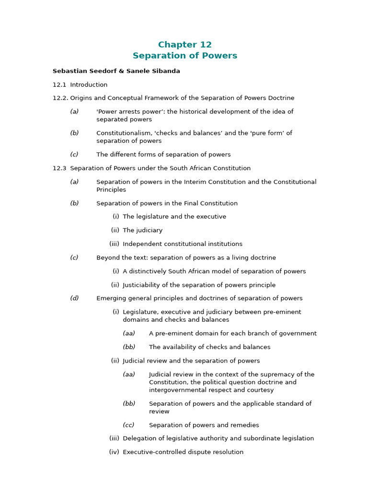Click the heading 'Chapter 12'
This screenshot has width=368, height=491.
[x=184, y=45]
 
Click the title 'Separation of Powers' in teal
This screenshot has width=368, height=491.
[x=184, y=56]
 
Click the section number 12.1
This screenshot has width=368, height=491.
[x=59, y=85]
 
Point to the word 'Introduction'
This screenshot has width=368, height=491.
[x=89, y=85]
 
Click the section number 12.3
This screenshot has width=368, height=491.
[x=59, y=168]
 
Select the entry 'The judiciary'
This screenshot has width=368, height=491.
[x=142, y=230]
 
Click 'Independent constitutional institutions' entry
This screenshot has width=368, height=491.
[x=182, y=244]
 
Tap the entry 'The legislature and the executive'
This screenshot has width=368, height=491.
[x=174, y=217]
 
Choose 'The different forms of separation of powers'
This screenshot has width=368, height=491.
[x=163, y=154]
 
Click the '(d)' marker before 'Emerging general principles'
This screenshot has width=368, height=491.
[x=74, y=298]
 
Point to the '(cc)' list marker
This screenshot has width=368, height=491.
[x=128, y=425]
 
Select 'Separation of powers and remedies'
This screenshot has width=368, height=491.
[x=204, y=425]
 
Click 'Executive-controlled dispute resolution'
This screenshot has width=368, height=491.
[x=183, y=452]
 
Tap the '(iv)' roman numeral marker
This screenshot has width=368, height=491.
[x=114, y=452]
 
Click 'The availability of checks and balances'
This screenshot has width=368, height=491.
[x=209, y=347]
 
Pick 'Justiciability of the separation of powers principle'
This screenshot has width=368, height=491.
[x=199, y=285]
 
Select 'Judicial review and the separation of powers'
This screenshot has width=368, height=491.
[x=191, y=361]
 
